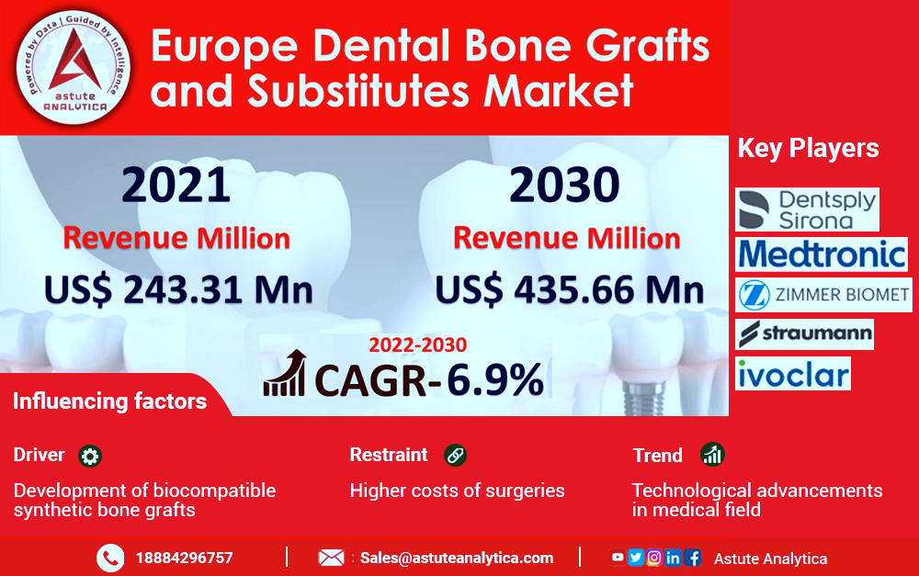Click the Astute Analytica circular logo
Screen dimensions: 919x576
click(74, 67)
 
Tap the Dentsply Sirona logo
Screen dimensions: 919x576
click(807, 209)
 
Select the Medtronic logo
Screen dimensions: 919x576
click(821, 254)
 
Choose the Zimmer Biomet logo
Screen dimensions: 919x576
click(823, 294)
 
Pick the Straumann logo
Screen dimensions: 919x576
click(804, 334)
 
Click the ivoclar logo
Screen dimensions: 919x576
click(793, 374)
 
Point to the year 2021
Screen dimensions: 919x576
click(176, 185)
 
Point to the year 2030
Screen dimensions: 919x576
click(564, 185)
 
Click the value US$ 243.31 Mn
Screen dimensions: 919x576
click(179, 289)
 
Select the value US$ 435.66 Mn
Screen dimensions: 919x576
click(569, 289)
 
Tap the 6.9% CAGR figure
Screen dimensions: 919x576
click(495, 380)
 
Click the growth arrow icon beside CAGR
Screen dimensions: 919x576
click(285, 373)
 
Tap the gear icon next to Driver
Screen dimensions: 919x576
click(90, 456)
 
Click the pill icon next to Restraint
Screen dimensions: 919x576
click(456, 456)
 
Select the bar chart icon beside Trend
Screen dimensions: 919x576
click(713, 455)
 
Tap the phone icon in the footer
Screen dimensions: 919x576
click(110, 558)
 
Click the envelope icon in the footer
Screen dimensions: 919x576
click(331, 558)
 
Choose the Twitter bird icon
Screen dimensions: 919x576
click(636, 558)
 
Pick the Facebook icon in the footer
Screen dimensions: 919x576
click(692, 558)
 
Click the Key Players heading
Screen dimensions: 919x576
click(808, 148)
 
